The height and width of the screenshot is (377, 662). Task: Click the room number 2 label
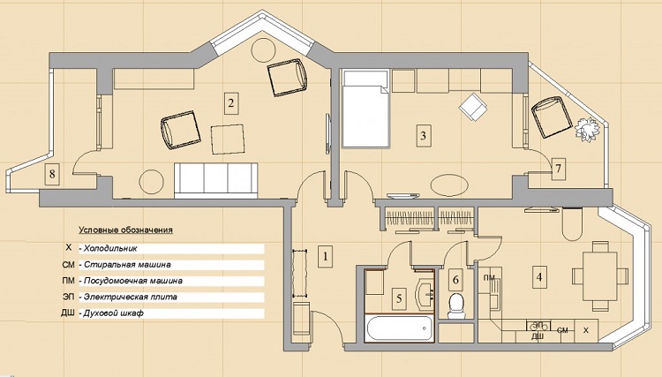tap(231, 103)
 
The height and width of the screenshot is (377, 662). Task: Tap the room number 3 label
tap(424, 135)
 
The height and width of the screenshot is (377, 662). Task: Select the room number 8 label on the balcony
tap(52, 174)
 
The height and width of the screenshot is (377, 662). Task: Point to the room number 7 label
tap(558, 169)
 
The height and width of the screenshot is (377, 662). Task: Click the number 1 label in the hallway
tap(325, 256)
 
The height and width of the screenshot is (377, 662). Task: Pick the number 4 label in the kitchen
tap(539, 277)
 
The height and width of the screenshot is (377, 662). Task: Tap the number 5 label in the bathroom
tap(399, 298)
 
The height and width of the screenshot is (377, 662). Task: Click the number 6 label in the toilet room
tap(455, 280)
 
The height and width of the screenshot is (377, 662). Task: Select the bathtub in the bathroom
tap(399, 328)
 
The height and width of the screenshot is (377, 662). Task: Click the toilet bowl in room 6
tap(456, 305)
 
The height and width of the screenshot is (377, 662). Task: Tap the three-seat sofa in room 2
tap(216, 181)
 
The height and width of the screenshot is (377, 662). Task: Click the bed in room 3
tap(365, 109)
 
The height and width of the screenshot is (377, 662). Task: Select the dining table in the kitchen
tap(599, 275)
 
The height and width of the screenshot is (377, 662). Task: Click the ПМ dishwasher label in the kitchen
tap(490, 277)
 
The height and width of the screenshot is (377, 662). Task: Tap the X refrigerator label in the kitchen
tap(585, 330)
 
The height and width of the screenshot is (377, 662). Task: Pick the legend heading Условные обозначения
tap(126, 230)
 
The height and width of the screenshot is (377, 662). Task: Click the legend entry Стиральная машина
tap(127, 265)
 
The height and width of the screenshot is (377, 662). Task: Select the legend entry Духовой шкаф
tap(114, 313)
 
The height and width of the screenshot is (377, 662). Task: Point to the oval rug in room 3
tap(449, 185)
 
